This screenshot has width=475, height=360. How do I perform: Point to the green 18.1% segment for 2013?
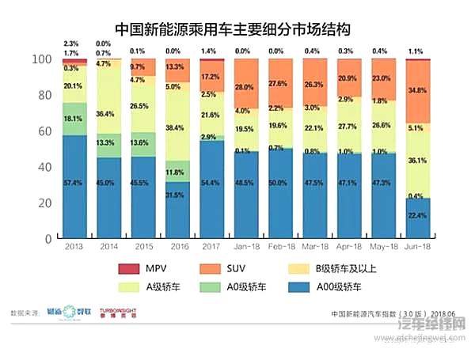tap(74, 119)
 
